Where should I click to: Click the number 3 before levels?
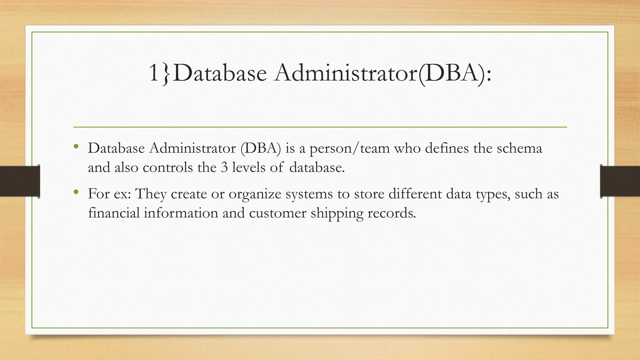click(x=224, y=168)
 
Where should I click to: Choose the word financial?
click(x=114, y=213)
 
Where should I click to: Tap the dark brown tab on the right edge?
click(x=620, y=181)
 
